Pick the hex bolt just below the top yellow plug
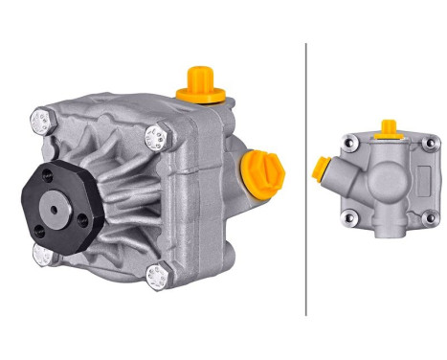click(x=154, y=137)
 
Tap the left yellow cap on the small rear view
click(x=321, y=169)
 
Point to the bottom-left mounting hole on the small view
click(x=351, y=217)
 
